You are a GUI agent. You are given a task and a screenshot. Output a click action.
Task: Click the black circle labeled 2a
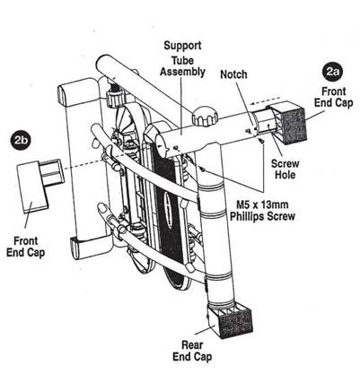[332, 73]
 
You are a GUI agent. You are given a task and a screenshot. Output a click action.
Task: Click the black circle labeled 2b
[20, 139]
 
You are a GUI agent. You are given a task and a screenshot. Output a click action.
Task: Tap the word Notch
[233, 74]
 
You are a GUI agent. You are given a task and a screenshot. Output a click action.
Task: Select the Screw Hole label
[285, 169]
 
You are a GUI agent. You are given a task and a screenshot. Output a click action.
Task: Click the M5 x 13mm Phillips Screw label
[262, 211]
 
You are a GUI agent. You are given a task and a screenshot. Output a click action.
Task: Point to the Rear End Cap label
[192, 351]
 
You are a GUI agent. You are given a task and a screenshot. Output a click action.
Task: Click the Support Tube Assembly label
[182, 58]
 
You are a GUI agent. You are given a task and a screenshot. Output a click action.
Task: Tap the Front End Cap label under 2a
[334, 97]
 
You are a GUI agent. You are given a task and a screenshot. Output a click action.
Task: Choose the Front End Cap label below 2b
[26, 247]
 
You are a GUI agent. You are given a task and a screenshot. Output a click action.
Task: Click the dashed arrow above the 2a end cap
[266, 100]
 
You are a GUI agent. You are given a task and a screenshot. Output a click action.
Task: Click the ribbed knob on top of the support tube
[205, 117]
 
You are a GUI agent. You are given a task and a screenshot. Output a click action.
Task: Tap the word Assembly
[182, 73]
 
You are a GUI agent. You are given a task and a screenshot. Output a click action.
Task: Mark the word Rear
[192, 345]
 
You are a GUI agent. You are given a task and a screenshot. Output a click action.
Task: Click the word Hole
[285, 175]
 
